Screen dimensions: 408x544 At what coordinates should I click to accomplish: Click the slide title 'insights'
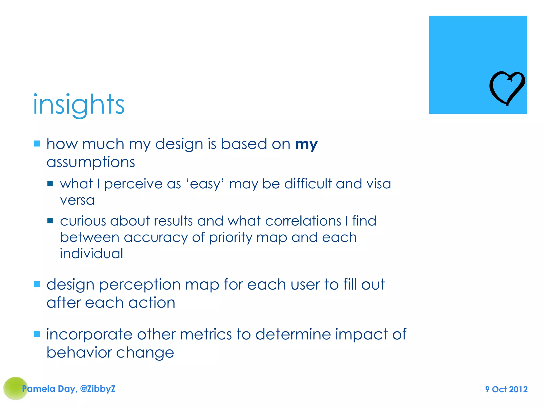coord(79,105)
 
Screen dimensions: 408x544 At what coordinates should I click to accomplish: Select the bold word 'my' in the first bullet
coord(306,144)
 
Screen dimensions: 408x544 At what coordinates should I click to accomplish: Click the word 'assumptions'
coord(91,162)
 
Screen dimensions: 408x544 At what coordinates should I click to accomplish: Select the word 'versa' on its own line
coord(77,200)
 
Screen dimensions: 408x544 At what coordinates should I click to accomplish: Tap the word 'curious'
coord(83,221)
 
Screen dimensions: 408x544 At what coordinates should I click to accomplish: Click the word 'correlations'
coord(303,221)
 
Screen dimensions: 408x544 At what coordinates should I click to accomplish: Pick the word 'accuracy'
coord(156,237)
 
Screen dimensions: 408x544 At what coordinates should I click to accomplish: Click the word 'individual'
coord(91,253)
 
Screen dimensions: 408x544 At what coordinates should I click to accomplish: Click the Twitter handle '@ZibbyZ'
coord(98,389)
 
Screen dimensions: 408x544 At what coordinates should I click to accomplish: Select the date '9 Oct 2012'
coord(506,389)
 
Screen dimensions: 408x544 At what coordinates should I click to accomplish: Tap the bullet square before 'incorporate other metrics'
coord(37,334)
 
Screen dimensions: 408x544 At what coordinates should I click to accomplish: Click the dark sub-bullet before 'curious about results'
coord(50,221)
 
